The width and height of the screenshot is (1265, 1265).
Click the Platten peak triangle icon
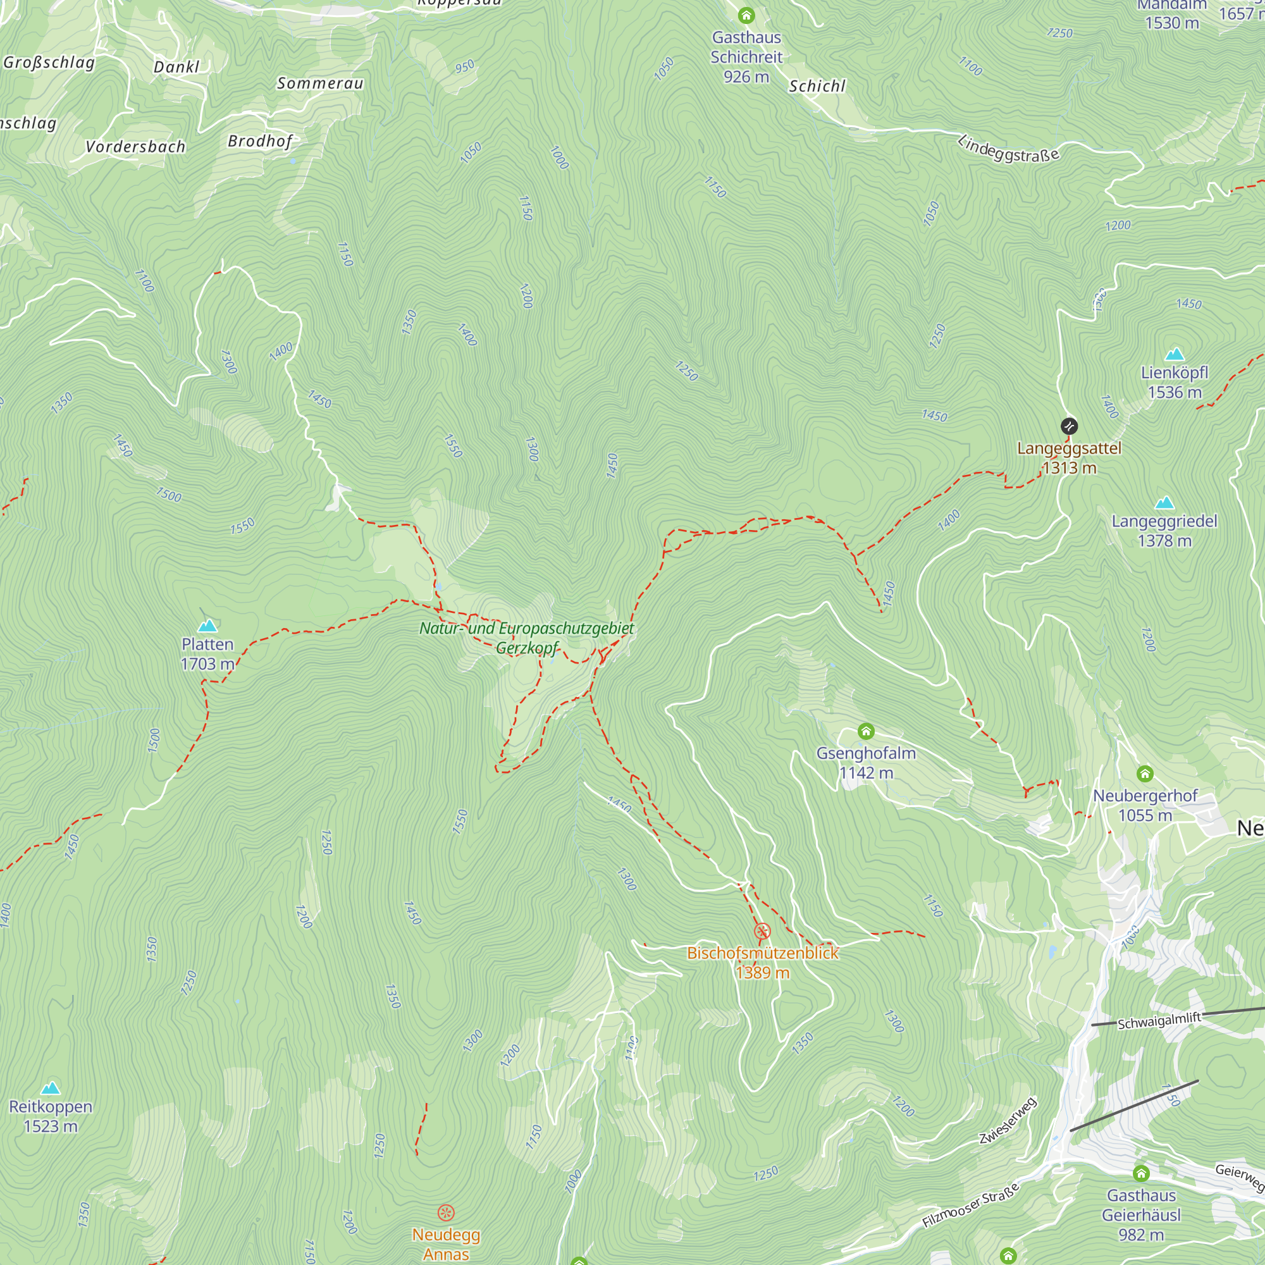click(207, 626)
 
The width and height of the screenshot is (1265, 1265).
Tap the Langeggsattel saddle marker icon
click(1068, 426)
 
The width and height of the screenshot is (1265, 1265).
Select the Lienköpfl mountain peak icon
click(1175, 354)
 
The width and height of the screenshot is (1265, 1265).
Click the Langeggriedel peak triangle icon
click(1164, 503)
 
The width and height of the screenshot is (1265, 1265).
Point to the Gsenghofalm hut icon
click(866, 731)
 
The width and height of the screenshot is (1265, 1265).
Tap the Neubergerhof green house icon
click(1145, 774)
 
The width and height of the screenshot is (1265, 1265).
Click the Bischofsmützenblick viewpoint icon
click(762, 931)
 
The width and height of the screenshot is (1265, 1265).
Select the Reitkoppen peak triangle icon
click(51, 1088)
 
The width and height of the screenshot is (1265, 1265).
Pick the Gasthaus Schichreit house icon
click(746, 15)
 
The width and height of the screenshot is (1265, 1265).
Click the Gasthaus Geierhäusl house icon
click(1141, 1173)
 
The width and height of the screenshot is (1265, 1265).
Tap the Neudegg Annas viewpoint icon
click(446, 1213)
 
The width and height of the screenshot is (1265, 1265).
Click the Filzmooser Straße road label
click(971, 1206)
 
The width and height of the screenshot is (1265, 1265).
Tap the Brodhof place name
click(259, 141)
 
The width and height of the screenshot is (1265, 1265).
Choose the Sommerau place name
click(319, 83)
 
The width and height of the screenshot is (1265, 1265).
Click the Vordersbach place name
click(135, 147)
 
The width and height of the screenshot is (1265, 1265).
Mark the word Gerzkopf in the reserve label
click(526, 648)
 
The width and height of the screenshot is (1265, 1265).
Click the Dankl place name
click(176, 67)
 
